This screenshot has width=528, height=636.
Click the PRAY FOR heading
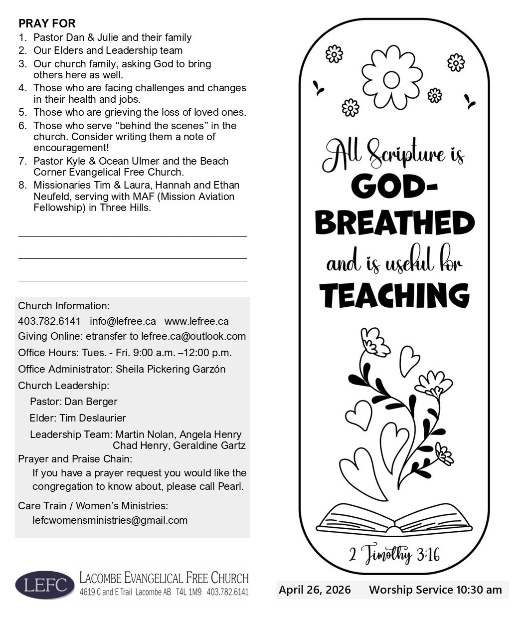(47, 23)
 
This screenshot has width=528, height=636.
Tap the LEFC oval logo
(45, 585)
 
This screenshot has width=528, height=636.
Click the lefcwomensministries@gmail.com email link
(110, 520)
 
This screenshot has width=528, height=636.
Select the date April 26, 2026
(315, 590)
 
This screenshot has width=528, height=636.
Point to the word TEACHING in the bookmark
(394, 295)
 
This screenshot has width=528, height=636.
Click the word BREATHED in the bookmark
(394, 223)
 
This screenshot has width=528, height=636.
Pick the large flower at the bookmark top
(391, 78)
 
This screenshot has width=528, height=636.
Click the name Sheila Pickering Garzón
(171, 369)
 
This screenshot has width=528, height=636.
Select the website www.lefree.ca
(196, 321)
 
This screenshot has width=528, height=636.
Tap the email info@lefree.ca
(123, 321)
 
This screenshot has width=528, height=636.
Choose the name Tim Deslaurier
(93, 418)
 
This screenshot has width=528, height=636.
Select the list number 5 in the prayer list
(22, 112)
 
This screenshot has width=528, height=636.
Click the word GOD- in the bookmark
(394, 187)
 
